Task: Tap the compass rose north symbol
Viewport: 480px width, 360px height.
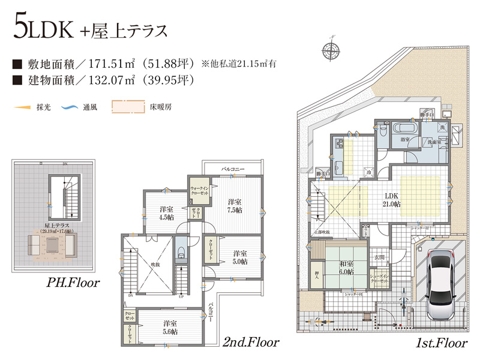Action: pyautogui.click(x=329, y=48)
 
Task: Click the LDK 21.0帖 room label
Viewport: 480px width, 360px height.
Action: pyautogui.click(x=392, y=200)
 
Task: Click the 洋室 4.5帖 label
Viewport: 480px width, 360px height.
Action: pyautogui.click(x=166, y=213)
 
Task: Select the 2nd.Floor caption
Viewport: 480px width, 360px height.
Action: pyautogui.click(x=251, y=343)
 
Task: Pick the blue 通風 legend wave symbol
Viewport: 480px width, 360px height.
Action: pyautogui.click(x=70, y=108)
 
